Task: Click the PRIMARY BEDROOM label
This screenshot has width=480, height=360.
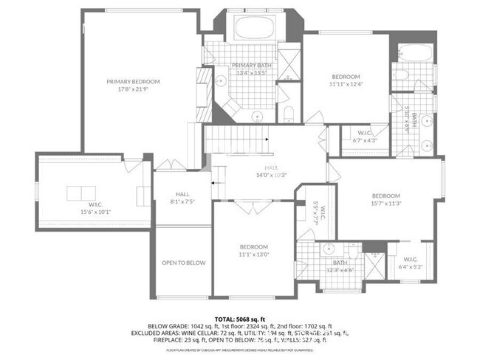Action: [133, 82]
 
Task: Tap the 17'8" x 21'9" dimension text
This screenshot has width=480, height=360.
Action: [133, 90]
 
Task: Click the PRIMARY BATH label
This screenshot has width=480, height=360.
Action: [253, 65]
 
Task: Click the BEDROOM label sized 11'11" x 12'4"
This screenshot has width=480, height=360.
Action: [345, 77]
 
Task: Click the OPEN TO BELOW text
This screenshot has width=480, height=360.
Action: [183, 262]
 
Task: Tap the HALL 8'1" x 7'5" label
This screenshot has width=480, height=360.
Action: [182, 196]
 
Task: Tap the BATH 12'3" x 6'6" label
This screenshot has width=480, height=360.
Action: [340, 266]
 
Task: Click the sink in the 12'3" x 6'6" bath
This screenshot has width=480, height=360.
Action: [329, 249]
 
